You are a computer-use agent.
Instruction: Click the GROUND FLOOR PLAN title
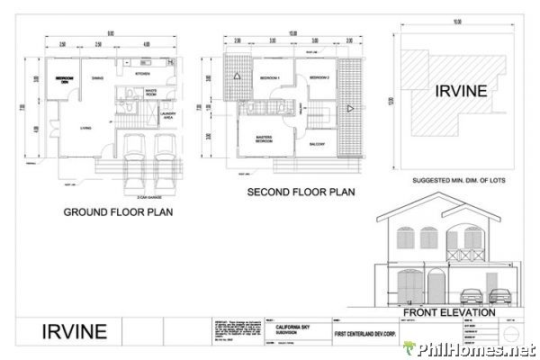[x=117, y=213]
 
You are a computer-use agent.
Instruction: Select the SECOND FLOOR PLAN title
[x=301, y=192]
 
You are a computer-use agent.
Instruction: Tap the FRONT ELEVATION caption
[x=449, y=312]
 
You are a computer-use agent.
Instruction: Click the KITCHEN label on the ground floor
[x=142, y=73]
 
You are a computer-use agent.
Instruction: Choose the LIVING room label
[x=86, y=127]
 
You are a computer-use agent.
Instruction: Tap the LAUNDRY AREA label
[x=167, y=114]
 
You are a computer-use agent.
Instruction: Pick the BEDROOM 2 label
[x=319, y=78]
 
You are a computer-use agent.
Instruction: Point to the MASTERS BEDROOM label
[x=265, y=140]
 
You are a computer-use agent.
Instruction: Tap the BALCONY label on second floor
[x=317, y=143]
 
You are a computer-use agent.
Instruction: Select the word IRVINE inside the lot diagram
[x=462, y=91]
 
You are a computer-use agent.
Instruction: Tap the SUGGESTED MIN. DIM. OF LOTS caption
[x=462, y=181]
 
